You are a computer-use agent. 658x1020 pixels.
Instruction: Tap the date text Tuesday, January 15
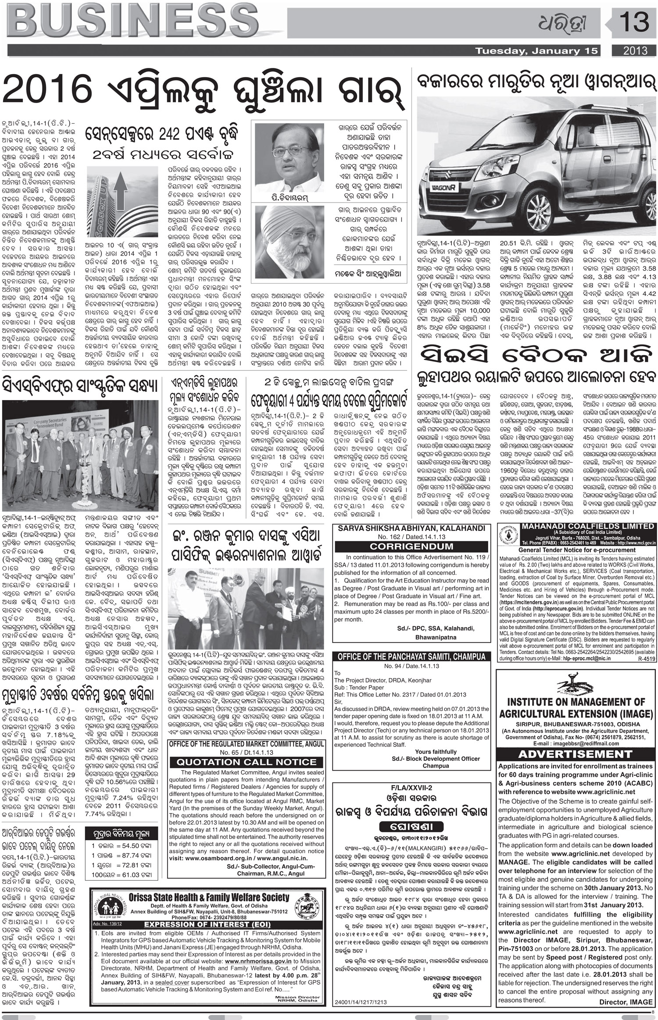click(x=537, y=51)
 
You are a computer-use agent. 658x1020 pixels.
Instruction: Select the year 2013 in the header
click(x=636, y=51)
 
